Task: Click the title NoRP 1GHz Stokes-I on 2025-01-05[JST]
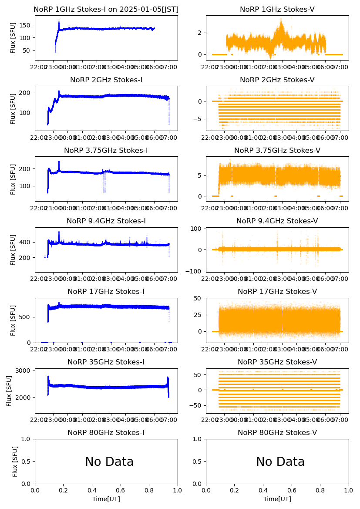point(106,10)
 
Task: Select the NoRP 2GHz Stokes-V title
point(277,80)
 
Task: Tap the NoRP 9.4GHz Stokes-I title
point(106,221)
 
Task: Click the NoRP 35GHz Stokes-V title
point(277,362)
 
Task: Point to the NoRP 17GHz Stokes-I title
point(106,292)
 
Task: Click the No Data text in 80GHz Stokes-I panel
point(109,462)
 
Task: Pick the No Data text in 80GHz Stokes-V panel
point(280,462)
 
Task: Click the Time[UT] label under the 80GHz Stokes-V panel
point(277,499)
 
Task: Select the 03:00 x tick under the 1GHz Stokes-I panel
point(111,67)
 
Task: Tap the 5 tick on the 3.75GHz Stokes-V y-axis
point(202,175)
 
